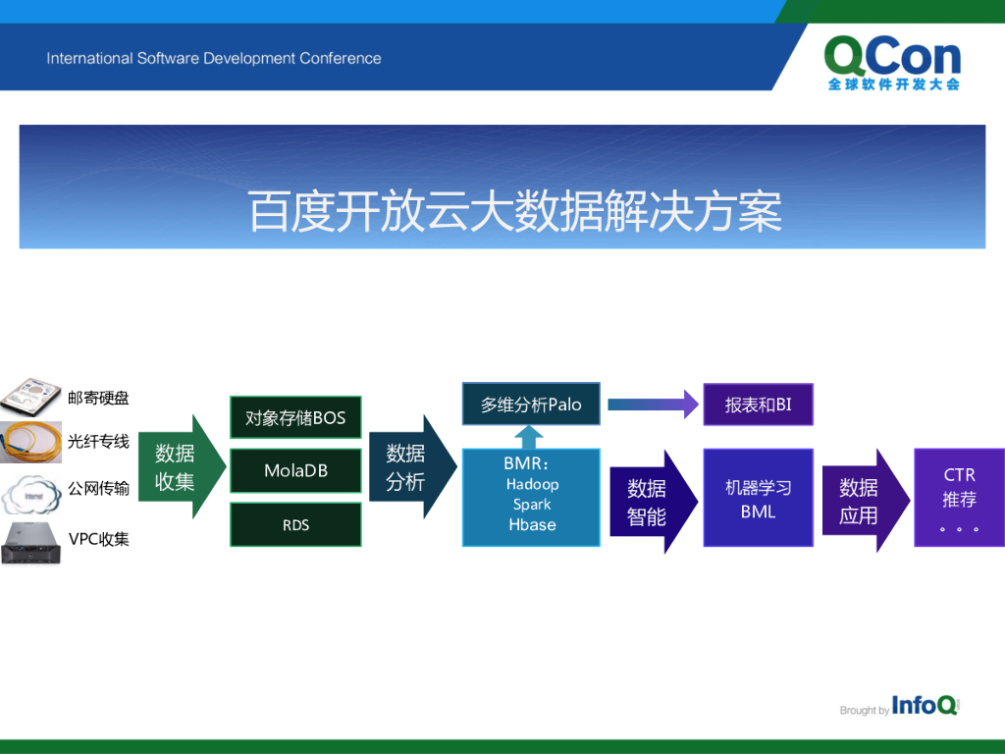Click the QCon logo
[x=893, y=63]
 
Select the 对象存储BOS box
[x=295, y=417]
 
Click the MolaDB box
[x=295, y=470]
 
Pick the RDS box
[x=295, y=524]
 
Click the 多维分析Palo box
[x=531, y=404]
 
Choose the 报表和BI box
[x=759, y=404]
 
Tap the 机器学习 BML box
[x=759, y=498]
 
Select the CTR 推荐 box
[x=959, y=498]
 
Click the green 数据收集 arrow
[x=182, y=466]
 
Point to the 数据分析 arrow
[x=413, y=466]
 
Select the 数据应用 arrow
[x=866, y=501]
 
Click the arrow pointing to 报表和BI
[x=653, y=404]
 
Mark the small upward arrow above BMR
[x=529, y=437]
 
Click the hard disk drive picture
[x=30, y=398]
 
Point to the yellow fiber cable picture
[x=30, y=442]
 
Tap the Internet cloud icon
[x=30, y=494]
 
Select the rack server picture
[x=30, y=544]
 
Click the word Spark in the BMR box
[x=532, y=505]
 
